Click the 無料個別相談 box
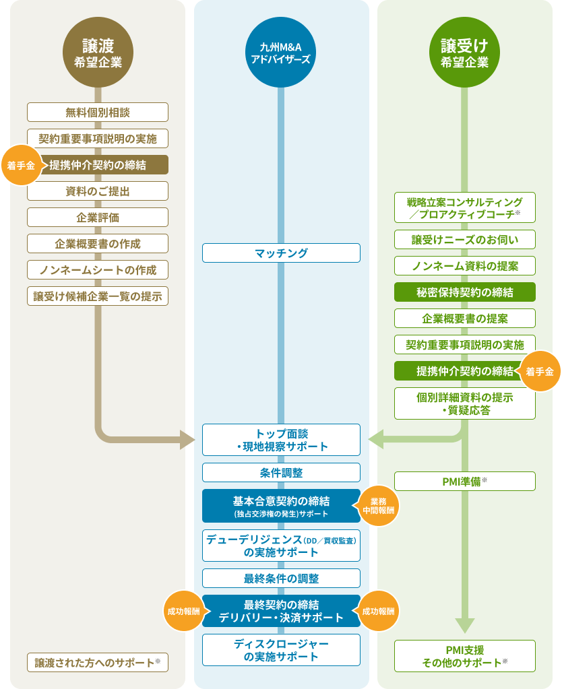pyautogui.click(x=98, y=112)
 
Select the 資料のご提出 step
pyautogui.click(x=98, y=191)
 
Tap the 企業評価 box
pyautogui.click(x=98, y=218)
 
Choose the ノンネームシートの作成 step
pyautogui.click(x=98, y=270)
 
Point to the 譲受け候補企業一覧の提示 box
pyautogui.click(x=98, y=296)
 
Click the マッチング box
pyautogui.click(x=281, y=253)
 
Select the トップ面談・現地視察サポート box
pyautogui.click(x=281, y=439)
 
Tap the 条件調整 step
pyautogui.click(x=281, y=473)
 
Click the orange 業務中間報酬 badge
pyautogui.click(x=378, y=506)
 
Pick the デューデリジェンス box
pyautogui.click(x=281, y=546)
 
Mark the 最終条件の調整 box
pyautogui.click(x=281, y=579)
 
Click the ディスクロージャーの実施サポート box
pyautogui.click(x=281, y=650)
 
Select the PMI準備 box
pyautogui.click(x=465, y=481)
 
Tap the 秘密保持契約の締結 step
pyautogui.click(x=465, y=292)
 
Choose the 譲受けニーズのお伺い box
pyautogui.click(x=465, y=240)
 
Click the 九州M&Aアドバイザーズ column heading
pyautogui.click(x=281, y=53)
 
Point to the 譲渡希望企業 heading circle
pyautogui.click(x=98, y=53)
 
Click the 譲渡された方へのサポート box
pyautogui.click(x=98, y=662)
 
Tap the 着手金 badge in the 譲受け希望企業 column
pyautogui.click(x=539, y=371)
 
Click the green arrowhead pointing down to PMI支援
pyautogui.click(x=465, y=626)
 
